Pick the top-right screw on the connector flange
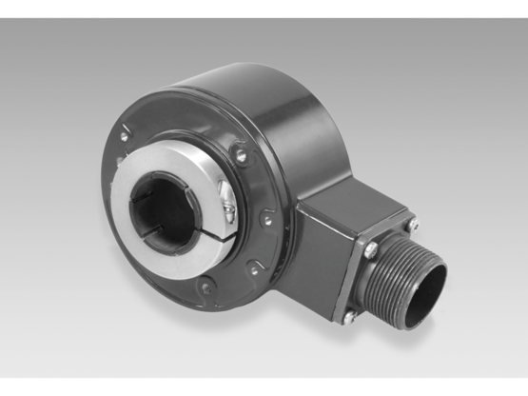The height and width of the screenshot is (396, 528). tap(411, 227)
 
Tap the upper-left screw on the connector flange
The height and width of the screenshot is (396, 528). tap(370, 250)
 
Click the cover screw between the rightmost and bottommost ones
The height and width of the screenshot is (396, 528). tap(252, 269)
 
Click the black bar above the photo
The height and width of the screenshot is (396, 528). tap(264, 8)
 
